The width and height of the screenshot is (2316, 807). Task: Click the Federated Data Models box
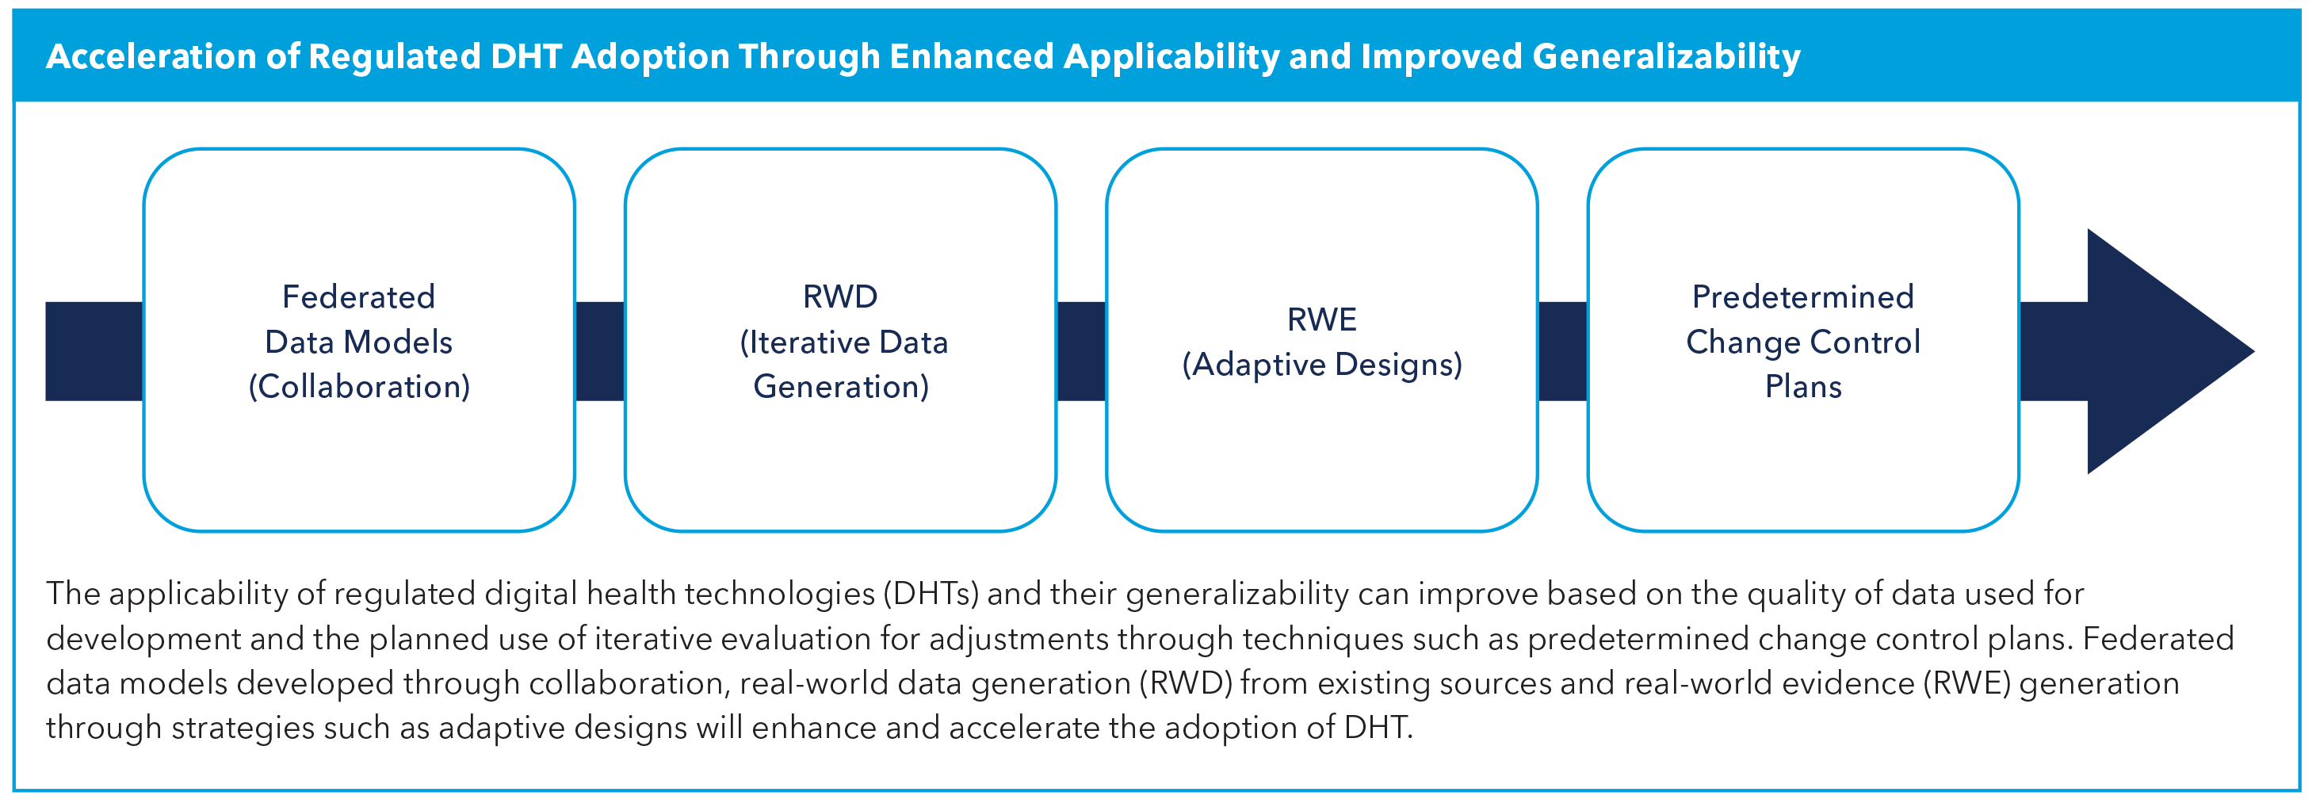click(x=359, y=449)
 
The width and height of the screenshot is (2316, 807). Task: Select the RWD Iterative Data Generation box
click(x=839, y=449)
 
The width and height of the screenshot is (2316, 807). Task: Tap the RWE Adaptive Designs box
click(x=1320, y=449)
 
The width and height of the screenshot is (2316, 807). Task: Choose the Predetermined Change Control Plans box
click(x=1802, y=449)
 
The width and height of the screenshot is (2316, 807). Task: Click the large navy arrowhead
click(x=2157, y=351)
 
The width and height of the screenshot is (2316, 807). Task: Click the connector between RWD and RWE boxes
click(x=1080, y=351)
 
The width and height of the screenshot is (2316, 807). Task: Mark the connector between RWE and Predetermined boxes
click(x=1562, y=351)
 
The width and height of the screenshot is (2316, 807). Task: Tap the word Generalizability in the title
click(x=1666, y=56)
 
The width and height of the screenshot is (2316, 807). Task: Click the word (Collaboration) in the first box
click(x=359, y=387)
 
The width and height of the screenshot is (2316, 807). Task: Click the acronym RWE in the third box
click(x=1320, y=319)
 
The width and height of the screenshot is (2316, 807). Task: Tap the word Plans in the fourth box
click(x=1802, y=387)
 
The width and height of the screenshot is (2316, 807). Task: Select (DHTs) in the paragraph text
click(x=931, y=594)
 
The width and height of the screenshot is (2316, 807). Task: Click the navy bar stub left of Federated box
click(x=94, y=351)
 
